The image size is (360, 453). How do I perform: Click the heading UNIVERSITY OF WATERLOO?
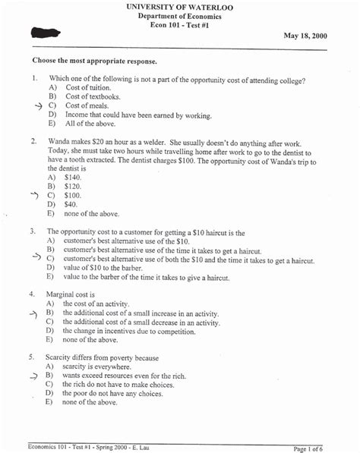tap(180, 7)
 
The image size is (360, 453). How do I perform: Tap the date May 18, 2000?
tap(305, 36)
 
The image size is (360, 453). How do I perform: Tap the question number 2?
tap(34, 141)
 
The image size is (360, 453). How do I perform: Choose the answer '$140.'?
tap(73, 176)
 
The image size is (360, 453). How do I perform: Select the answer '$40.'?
tap(71, 204)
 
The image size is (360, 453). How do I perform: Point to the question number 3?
tap(34, 231)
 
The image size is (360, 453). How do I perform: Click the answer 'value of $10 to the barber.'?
tap(108, 267)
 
